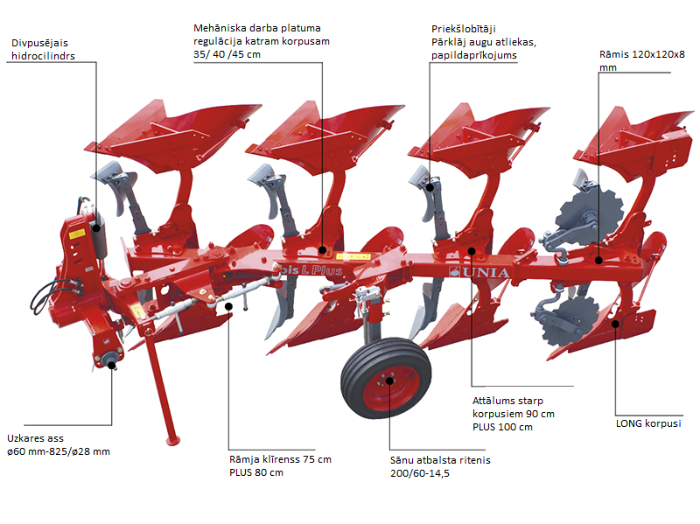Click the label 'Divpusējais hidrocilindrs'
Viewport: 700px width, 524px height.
(43, 50)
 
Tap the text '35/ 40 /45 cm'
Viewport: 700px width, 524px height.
(227, 54)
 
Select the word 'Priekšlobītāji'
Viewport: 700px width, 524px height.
(464, 29)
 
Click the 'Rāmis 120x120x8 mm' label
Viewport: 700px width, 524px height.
(641, 60)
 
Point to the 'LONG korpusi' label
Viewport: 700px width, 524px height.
(648, 423)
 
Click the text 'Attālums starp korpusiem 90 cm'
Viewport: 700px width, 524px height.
(514, 407)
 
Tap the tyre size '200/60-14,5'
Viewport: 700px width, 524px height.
(420, 473)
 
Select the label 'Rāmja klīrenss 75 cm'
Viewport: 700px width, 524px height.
(280, 459)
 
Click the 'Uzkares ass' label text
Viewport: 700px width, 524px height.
(35, 438)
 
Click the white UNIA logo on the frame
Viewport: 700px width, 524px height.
(479, 272)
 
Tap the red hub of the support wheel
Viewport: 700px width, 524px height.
(389, 381)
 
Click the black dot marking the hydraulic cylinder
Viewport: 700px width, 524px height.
(96, 228)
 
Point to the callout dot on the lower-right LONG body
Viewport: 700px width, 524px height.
(615, 324)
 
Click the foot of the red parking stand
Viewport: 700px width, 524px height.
(172, 442)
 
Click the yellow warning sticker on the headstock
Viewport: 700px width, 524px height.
(77, 234)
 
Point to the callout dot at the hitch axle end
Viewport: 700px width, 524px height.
(112, 366)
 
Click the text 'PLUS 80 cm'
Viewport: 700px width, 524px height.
(256, 472)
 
